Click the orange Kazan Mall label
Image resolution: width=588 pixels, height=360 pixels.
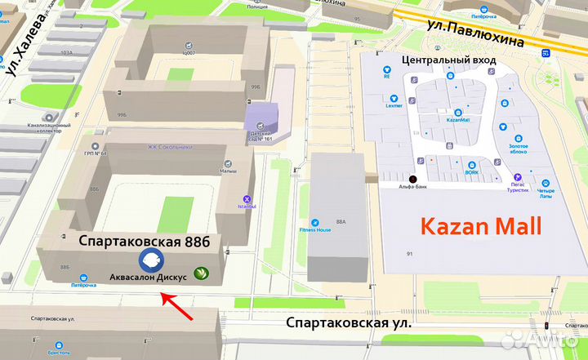[480, 226]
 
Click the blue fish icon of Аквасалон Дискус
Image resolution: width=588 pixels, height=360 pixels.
[152, 260]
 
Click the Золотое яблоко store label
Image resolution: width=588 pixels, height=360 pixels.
[512, 149]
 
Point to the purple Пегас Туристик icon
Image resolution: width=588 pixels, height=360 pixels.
[517, 176]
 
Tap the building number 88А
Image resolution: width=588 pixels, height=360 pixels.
[341, 220]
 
